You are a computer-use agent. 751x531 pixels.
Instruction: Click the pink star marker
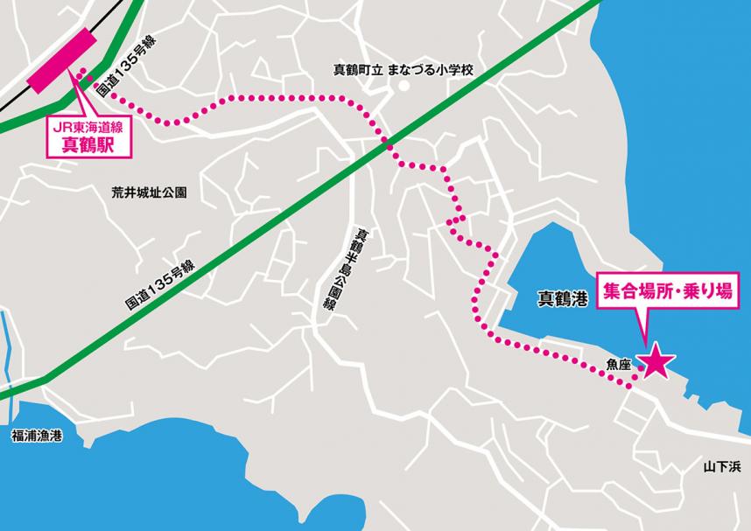[x=656, y=362]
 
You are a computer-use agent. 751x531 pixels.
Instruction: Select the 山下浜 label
[x=721, y=467]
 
